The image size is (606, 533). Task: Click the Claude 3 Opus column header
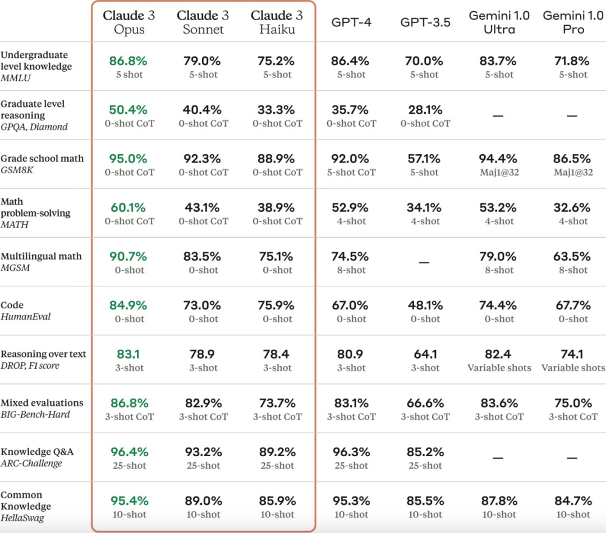pyautogui.click(x=129, y=22)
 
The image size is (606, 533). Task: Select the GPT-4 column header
pyautogui.click(x=351, y=22)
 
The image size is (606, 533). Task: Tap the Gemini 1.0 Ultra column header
pyautogui.click(x=499, y=22)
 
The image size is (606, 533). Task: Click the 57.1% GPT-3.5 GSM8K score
pyautogui.click(x=425, y=159)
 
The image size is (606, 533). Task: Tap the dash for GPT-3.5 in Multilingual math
pyautogui.click(x=425, y=262)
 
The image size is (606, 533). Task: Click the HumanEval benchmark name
pyautogui.click(x=26, y=317)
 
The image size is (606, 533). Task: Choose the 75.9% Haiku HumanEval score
pyautogui.click(x=276, y=305)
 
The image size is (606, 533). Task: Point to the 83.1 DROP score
pyautogui.click(x=128, y=354)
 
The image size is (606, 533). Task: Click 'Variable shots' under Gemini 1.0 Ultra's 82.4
pyautogui.click(x=499, y=368)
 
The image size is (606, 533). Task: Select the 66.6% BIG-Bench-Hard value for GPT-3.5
pyautogui.click(x=425, y=403)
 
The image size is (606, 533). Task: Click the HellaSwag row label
pyautogui.click(x=22, y=518)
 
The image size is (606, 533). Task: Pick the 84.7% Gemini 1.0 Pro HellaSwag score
pyautogui.click(x=572, y=500)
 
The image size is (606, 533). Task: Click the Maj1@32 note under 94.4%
pyautogui.click(x=499, y=173)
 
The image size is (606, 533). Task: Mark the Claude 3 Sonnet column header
pyautogui.click(x=203, y=22)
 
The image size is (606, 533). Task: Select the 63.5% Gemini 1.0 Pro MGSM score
pyautogui.click(x=572, y=257)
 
